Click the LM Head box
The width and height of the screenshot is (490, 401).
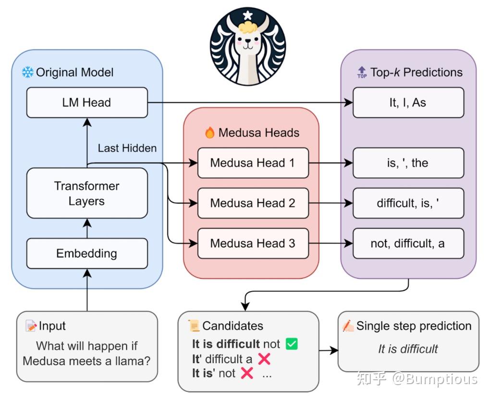pos(87,102)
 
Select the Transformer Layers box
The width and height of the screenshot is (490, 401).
pos(87,193)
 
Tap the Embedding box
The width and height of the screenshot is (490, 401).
pos(87,253)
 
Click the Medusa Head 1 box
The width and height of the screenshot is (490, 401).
pos(253,163)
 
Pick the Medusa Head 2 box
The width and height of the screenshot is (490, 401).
pos(253,203)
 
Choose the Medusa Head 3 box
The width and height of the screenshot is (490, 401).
pos(253,243)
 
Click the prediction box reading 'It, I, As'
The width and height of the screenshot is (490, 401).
pos(408,102)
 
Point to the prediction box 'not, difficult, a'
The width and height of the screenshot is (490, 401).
pos(408,243)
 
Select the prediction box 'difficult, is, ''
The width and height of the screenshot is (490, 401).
pos(408,203)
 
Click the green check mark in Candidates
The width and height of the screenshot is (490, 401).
pos(292,344)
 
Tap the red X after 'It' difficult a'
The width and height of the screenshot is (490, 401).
pos(264,359)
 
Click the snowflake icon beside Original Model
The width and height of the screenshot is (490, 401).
pos(28,73)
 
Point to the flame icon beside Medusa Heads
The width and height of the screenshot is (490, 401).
pos(210,133)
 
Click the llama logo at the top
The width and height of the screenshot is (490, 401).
pos(247,46)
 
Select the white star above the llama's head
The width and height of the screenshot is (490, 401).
pos(247,15)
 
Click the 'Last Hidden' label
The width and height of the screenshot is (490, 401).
pos(127,148)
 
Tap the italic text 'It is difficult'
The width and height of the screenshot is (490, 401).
pos(408,349)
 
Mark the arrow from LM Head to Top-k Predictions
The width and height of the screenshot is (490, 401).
pos(250,102)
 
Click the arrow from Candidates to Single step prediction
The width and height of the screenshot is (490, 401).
pos(329,351)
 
